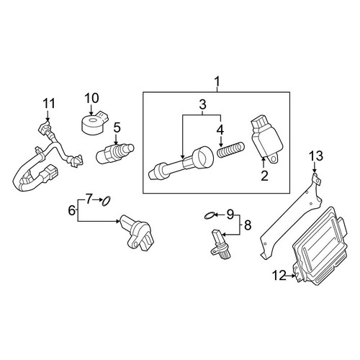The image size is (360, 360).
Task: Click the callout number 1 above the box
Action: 217,81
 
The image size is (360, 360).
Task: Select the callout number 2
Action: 264,176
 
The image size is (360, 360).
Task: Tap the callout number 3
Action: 202,104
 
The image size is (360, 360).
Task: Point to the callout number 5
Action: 117,127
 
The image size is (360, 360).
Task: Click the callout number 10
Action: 91,98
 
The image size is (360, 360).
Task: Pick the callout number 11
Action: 49,104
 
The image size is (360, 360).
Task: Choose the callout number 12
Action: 279,276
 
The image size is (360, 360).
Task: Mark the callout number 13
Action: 316,156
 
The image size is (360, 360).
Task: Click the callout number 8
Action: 248,225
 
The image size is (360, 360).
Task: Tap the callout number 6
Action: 72,210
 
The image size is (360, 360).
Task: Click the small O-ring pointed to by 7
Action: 107,201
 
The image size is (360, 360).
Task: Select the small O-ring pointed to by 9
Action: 208,216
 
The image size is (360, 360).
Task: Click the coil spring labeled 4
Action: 231,150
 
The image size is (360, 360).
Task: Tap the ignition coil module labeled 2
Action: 266,141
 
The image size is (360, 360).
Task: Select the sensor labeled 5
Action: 114,153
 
